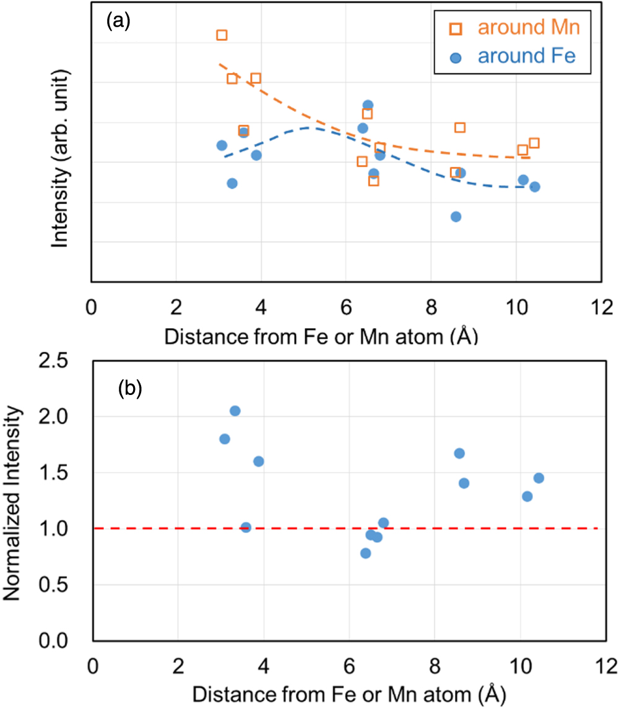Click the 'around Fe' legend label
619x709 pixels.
tap(527, 56)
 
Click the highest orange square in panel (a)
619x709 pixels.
tap(222, 35)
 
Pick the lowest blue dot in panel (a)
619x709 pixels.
tap(456, 216)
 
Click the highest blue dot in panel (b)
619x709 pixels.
tap(235, 411)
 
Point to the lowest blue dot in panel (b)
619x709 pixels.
tap(366, 553)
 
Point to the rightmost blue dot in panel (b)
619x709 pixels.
tap(539, 478)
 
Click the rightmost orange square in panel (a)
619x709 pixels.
tap(534, 143)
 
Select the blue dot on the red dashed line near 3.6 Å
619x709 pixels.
tap(246, 527)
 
